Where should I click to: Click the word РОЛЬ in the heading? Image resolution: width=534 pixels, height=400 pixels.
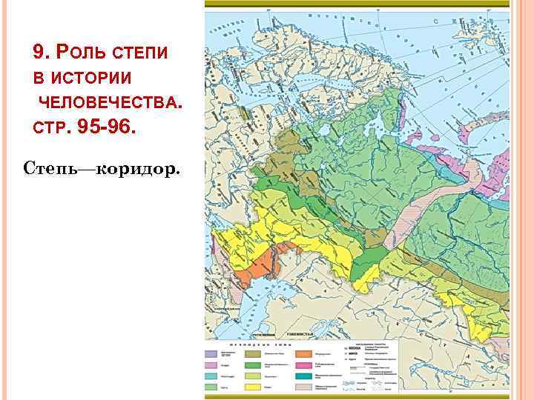(x=79, y=53)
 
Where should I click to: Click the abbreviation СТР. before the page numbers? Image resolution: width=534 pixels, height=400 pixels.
(x=50, y=128)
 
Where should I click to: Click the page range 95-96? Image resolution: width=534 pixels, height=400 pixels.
(x=107, y=127)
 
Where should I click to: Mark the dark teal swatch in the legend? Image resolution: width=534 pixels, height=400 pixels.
(x=302, y=376)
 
